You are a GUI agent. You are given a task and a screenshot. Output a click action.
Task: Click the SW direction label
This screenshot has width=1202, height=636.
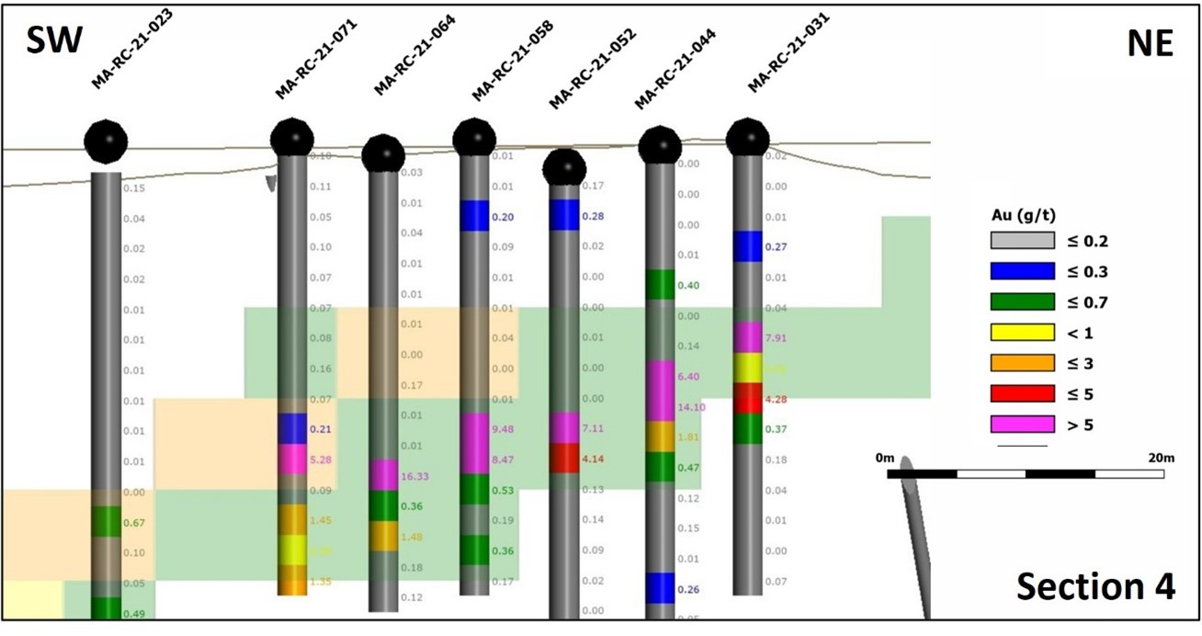52,42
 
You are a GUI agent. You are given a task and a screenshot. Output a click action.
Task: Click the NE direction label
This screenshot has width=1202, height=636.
1150,42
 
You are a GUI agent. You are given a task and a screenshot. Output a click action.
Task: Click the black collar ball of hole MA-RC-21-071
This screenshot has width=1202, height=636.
292,138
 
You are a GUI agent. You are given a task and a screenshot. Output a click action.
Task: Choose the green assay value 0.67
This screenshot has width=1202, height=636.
135,523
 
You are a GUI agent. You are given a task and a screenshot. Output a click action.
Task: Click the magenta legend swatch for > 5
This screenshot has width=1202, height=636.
1022,424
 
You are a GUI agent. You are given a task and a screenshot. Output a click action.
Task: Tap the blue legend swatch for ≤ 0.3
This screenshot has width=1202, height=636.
1022,271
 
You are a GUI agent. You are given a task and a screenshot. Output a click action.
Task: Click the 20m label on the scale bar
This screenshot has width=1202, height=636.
1161,458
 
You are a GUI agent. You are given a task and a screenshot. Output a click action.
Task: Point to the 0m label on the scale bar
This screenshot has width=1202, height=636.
885,458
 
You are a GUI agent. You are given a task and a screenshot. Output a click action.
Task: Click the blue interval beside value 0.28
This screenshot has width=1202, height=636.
564,215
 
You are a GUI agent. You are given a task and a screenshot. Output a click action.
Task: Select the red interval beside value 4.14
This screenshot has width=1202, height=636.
564,458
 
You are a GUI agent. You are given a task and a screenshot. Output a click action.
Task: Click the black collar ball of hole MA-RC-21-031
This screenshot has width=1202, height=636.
747,138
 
